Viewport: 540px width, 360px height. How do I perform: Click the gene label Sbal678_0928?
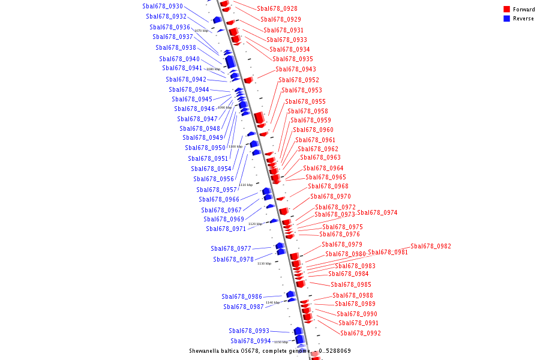(x=277, y=9)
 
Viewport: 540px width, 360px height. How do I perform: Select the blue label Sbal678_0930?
(x=163, y=6)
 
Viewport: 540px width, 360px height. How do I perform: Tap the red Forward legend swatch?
(x=506, y=10)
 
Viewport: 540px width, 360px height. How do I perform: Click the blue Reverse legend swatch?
(x=506, y=19)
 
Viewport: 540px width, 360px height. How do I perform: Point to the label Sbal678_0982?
(x=430, y=247)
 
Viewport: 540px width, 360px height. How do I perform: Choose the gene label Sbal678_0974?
(x=377, y=213)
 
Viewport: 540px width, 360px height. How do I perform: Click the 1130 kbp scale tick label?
(x=264, y=263)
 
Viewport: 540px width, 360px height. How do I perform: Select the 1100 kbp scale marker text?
(x=235, y=146)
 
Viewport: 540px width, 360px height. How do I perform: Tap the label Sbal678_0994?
(x=251, y=341)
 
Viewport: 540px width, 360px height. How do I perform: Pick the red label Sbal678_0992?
(x=360, y=334)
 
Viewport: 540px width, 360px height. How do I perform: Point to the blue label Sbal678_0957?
(x=217, y=190)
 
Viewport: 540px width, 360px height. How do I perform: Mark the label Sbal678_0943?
(x=295, y=70)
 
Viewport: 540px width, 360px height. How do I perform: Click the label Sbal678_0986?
(x=241, y=297)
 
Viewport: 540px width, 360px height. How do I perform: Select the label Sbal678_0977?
(x=230, y=249)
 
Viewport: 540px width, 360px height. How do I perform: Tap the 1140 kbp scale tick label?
(x=272, y=302)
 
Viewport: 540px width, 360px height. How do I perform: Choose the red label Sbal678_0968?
(x=328, y=187)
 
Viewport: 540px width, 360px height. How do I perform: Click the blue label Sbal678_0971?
(x=226, y=229)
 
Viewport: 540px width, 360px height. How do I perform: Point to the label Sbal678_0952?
(x=298, y=80)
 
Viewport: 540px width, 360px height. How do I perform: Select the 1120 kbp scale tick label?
(x=255, y=224)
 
